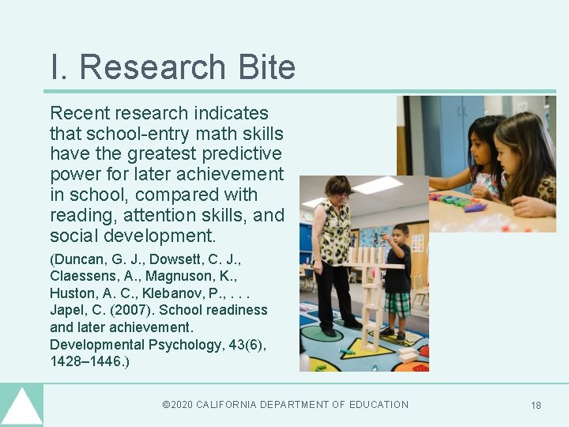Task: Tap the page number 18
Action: [536, 406]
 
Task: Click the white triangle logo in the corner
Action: [21, 407]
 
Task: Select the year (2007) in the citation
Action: [122, 310]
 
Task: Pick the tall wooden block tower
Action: [369, 300]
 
